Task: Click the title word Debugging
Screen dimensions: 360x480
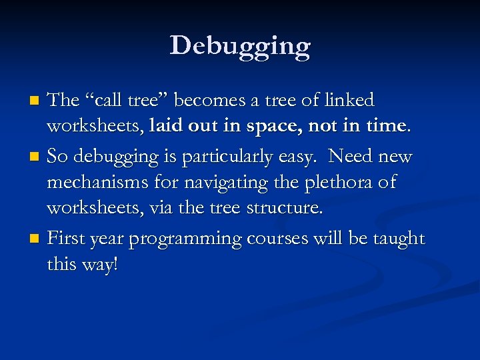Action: click(240, 47)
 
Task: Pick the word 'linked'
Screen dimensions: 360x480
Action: click(349, 101)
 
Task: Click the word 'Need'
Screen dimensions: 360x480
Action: click(351, 157)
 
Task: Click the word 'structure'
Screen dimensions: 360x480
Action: click(284, 209)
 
